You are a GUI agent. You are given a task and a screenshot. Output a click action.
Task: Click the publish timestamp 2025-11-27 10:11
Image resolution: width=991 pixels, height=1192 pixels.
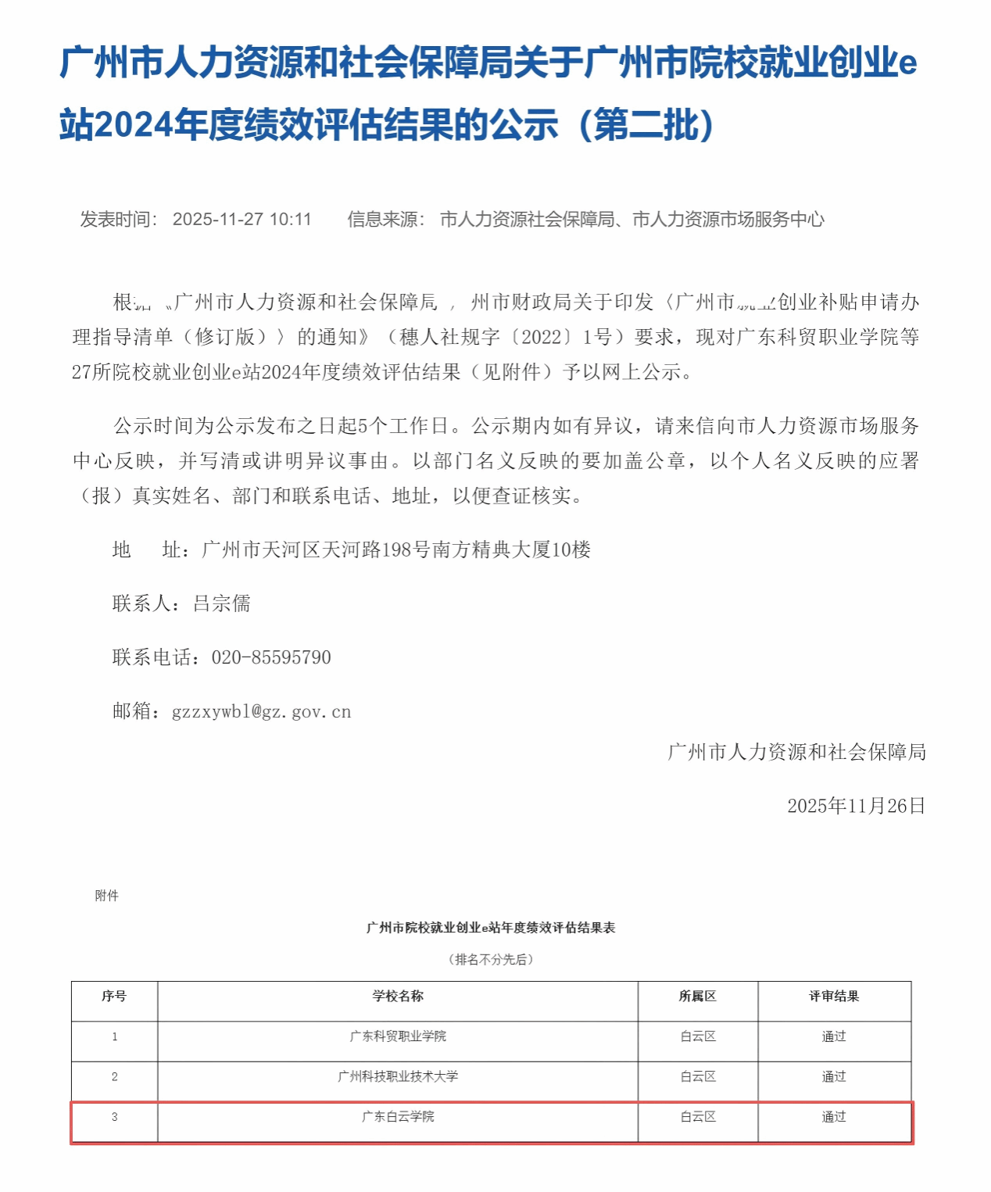[241, 219]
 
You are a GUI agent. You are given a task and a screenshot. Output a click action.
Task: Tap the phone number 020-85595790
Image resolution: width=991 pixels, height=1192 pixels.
[271, 657]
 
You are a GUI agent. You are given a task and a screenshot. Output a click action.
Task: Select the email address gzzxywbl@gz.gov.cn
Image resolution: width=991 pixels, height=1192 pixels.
[261, 711]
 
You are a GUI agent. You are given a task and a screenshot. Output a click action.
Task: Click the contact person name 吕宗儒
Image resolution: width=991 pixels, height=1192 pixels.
[222, 603]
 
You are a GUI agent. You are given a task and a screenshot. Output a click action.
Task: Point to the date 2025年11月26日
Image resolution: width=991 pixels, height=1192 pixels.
[856, 806]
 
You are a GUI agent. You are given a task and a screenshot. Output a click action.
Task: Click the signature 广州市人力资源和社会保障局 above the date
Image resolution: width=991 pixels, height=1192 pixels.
[796, 752]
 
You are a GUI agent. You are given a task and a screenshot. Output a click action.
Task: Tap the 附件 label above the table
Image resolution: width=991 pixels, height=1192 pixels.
[106, 896]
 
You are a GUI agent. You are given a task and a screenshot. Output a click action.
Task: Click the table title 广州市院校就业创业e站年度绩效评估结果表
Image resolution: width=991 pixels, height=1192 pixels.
[491, 928]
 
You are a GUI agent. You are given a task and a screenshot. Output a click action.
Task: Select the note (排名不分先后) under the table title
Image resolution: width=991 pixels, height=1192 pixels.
[491, 959]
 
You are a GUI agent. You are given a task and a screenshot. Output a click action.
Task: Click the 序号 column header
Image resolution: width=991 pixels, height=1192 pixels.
[114, 997]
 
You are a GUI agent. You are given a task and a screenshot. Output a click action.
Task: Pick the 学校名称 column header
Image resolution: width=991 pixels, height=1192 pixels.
[398, 997]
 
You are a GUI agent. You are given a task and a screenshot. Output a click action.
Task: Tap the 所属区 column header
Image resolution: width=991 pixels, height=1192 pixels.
[698, 997]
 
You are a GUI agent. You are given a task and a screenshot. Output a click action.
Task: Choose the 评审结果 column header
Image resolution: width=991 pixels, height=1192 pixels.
[834, 997]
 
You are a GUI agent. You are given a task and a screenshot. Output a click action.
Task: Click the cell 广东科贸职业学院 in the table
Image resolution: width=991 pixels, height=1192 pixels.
[398, 1036]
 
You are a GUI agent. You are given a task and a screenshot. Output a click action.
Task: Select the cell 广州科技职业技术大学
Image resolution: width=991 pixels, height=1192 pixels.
[398, 1077]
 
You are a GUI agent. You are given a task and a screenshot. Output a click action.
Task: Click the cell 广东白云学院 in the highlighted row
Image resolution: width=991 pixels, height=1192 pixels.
[398, 1117]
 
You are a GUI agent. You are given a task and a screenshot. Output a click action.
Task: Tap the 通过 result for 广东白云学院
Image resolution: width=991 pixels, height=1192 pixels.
[834, 1117]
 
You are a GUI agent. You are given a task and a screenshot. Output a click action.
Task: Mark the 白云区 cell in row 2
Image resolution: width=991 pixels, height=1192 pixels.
[698, 1077]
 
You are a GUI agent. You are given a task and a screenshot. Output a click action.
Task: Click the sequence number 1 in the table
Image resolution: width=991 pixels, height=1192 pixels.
[115, 1037]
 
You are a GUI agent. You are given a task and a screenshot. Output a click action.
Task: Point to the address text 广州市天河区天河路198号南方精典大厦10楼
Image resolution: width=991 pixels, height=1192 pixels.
[395, 549]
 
